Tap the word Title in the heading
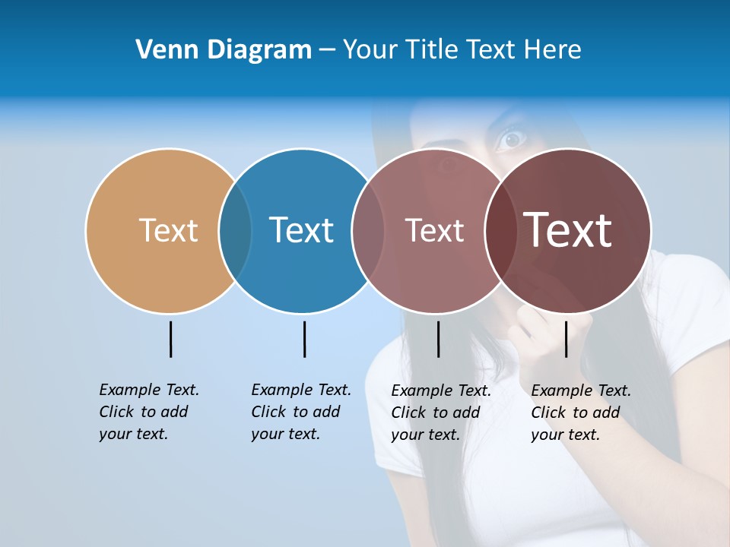click(430, 50)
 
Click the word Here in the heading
click(553, 50)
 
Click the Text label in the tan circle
click(168, 230)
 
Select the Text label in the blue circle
click(302, 230)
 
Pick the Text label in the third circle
click(434, 230)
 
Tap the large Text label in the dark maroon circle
click(568, 230)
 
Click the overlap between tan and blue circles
click(235, 230)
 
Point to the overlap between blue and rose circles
click(368, 230)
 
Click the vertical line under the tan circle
click(170, 339)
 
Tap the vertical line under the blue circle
click(304, 339)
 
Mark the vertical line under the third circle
click(438, 339)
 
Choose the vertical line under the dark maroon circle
click(566, 339)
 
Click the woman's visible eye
click(512, 139)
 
